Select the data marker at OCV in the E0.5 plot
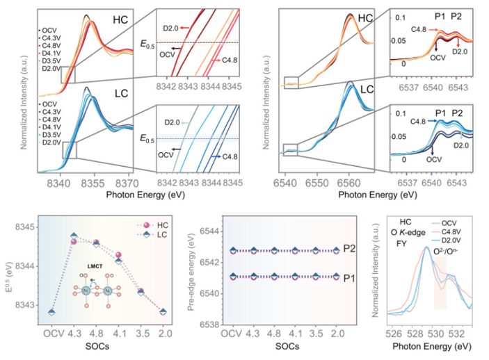click(x=51, y=312)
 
